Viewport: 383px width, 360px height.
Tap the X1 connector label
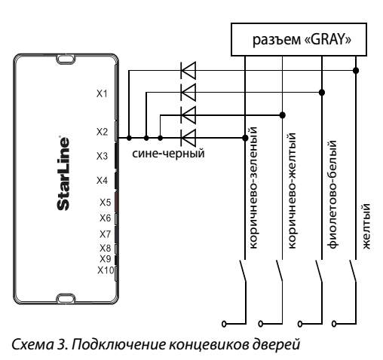(102, 93)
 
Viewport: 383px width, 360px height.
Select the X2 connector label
(102, 132)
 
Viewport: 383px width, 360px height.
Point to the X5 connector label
(105, 203)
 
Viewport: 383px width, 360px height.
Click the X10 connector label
(106, 270)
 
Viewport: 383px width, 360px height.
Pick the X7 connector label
(105, 234)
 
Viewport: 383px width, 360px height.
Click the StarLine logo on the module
(63, 173)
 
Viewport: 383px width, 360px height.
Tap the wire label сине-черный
(168, 154)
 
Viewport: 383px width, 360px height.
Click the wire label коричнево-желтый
(292, 191)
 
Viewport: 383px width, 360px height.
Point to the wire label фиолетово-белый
(332, 194)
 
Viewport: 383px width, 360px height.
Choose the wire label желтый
(366, 226)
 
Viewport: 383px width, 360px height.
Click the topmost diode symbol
(188, 71)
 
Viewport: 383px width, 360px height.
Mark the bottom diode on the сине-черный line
(188, 138)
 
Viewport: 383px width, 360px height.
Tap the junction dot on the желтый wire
(356, 71)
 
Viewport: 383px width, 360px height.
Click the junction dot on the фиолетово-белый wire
(322, 93)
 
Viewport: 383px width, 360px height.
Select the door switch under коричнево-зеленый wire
(243, 271)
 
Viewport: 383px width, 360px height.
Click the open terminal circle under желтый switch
(334, 324)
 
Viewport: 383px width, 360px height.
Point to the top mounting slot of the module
(66, 59)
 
